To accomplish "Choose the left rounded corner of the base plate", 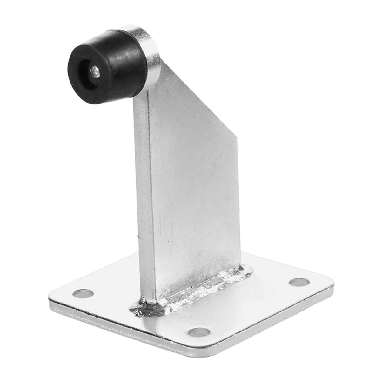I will [52, 298].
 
